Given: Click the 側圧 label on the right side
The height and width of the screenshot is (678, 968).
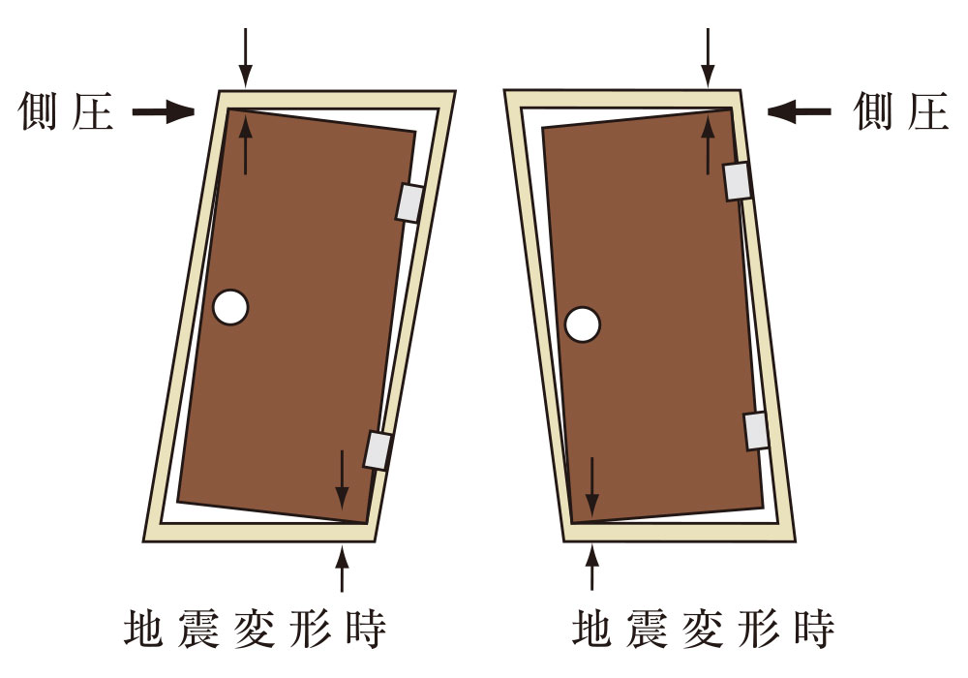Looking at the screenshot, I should pos(900,113).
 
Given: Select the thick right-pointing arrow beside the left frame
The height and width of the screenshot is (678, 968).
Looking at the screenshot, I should pos(164,113).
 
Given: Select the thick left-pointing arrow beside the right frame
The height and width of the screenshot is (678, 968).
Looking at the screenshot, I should pos(799,112).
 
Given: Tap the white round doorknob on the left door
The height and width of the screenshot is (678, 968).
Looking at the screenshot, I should pos(230,307).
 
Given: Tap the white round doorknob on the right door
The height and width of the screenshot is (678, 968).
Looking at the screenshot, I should pos(583,324).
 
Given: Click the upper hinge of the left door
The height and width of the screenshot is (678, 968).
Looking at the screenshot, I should pos(409,202).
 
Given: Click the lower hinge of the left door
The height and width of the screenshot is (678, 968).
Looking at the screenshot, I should pos(378,450).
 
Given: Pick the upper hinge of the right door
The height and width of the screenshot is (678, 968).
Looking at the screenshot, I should pos(739,180).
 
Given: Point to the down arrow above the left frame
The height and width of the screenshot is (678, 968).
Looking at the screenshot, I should pos(246,57).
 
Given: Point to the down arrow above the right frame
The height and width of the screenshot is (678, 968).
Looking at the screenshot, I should pos(708,57).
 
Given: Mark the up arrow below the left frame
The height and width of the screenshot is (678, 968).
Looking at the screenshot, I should pos(341,569).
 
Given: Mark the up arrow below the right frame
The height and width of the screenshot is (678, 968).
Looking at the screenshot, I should pos(592,569).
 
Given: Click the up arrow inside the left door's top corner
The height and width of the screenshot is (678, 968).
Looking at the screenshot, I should pos(246,144).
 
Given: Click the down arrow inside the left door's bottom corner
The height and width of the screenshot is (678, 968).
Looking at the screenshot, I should pos(341,478).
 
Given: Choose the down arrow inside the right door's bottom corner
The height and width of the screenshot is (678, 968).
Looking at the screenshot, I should pos(591,488).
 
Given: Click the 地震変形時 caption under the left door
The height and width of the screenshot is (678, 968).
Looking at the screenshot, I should pos(256,630).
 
